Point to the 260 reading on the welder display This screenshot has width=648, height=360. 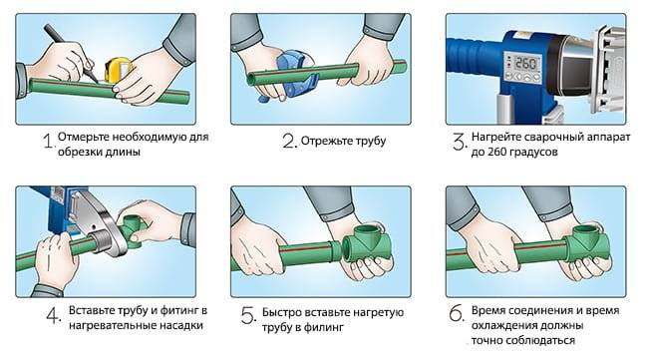pos(526,63)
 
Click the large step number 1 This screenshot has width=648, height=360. pos(49,141)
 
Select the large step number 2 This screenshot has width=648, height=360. pos(289,141)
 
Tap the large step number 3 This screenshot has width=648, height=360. pos(460,142)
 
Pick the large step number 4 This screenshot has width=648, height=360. pos(54,316)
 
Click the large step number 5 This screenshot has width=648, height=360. pos(248,316)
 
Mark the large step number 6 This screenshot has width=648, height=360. pos(457,314)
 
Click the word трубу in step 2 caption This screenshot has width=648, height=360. pos(366,142)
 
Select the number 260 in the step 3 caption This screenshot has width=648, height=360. pos(495,152)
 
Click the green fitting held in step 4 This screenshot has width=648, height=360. pos(132,229)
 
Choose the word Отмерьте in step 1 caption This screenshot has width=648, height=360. pos(84,137)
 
